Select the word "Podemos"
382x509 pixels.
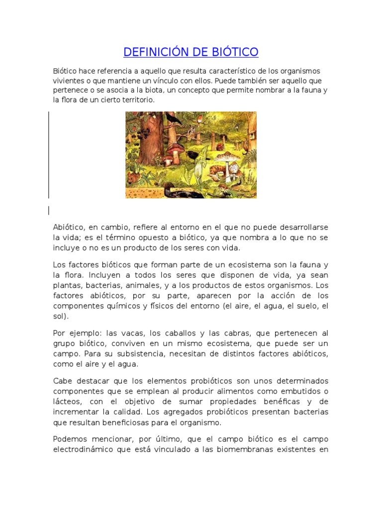(x=70, y=439)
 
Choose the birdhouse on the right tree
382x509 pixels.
(x=248, y=122)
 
